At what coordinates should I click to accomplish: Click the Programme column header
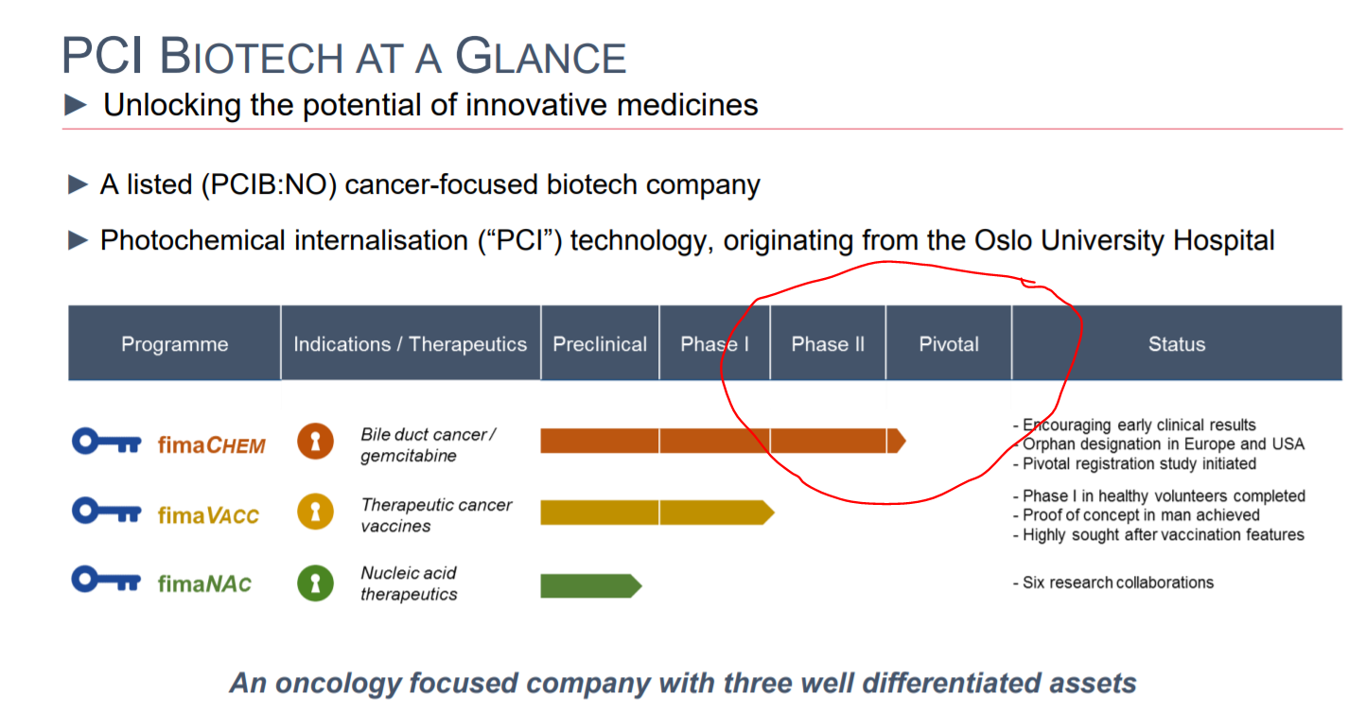174,344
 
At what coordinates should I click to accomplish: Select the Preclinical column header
600,344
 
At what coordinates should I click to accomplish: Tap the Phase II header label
828,344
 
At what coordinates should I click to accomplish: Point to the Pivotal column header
949,344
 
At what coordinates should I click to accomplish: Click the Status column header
1177,344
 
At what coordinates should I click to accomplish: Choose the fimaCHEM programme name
211,444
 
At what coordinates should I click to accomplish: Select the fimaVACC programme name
208,515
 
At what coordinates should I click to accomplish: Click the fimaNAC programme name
204,583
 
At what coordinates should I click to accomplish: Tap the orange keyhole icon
315,441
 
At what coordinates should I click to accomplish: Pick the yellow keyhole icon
315,512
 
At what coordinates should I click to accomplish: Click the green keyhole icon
315,583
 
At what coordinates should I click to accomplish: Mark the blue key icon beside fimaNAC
106,580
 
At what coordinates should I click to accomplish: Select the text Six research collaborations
1118,582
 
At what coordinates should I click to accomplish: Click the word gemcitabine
409,456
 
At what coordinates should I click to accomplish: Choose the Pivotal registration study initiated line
1139,463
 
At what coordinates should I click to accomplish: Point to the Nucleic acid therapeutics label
409,583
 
